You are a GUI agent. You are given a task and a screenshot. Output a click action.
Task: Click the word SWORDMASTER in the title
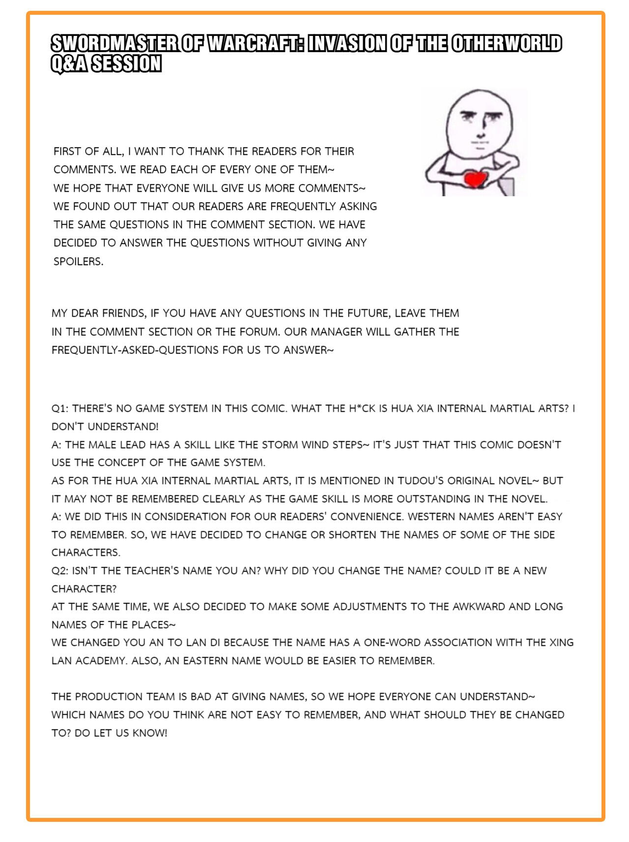tap(114, 44)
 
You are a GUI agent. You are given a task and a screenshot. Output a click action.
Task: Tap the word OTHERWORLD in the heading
tap(506, 44)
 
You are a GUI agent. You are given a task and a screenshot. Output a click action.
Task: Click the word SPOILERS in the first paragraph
tap(79, 261)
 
